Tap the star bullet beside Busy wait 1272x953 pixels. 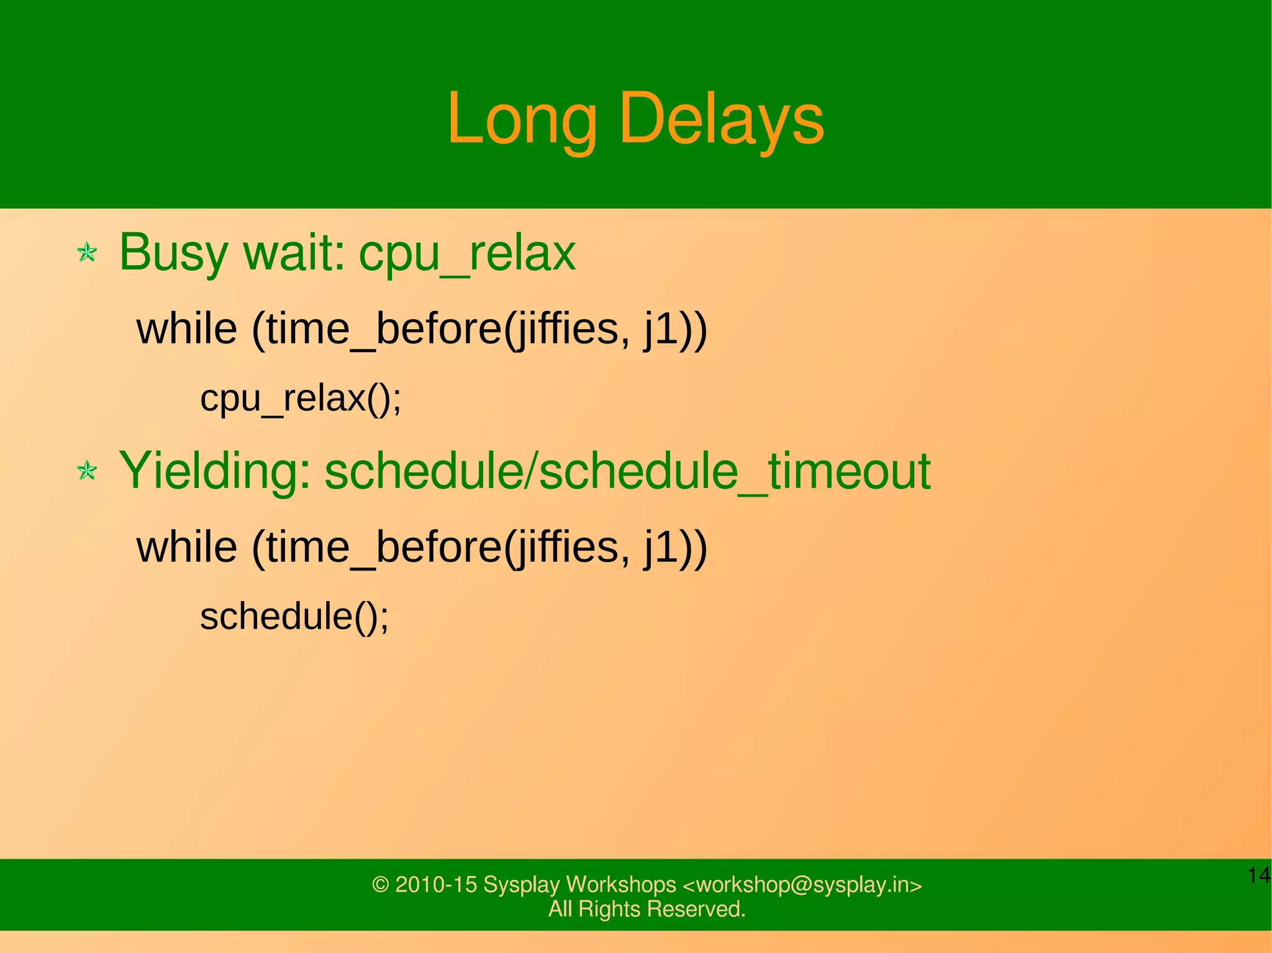87,253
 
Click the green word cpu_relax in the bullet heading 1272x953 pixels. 467,253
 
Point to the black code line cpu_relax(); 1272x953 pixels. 301,399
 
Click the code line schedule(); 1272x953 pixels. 294,617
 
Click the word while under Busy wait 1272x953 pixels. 187,328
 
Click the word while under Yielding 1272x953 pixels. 187,547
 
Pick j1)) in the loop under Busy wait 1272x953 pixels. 675,328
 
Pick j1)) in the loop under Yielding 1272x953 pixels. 675,547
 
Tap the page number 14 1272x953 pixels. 1259,875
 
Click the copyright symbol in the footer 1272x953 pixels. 380,885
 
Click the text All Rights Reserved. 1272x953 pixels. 647,909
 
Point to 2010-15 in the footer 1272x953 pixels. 436,885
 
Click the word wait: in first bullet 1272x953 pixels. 294,253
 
